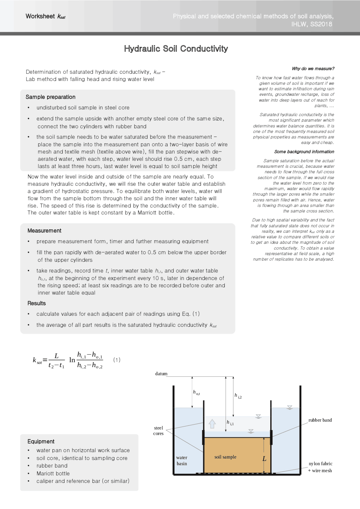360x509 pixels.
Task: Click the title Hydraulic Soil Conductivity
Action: click(x=176, y=49)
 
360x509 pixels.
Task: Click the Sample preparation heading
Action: click(x=51, y=97)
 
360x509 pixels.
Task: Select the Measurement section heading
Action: click(x=44, y=230)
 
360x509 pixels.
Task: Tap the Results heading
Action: click(x=37, y=303)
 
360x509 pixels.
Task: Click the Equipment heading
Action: click(x=41, y=441)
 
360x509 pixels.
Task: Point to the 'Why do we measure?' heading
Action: click(x=313, y=69)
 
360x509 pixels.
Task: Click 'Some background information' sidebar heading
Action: click(x=304, y=152)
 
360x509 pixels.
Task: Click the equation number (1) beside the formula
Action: click(x=117, y=360)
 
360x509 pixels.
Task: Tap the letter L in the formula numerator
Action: click(x=57, y=356)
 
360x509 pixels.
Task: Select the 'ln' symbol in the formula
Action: click(x=72, y=360)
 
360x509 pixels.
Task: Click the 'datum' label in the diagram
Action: click(x=161, y=374)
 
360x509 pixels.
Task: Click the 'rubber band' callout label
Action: click(x=320, y=420)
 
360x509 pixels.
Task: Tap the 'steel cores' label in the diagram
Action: click(x=158, y=431)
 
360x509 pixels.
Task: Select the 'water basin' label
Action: click(x=182, y=460)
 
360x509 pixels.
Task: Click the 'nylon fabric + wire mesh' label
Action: click(x=320, y=467)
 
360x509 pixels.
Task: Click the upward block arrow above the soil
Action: click(x=212, y=424)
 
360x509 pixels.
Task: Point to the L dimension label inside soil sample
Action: click(x=264, y=459)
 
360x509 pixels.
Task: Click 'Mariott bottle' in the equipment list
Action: click(x=53, y=473)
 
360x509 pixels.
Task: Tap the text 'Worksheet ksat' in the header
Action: click(x=45, y=16)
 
